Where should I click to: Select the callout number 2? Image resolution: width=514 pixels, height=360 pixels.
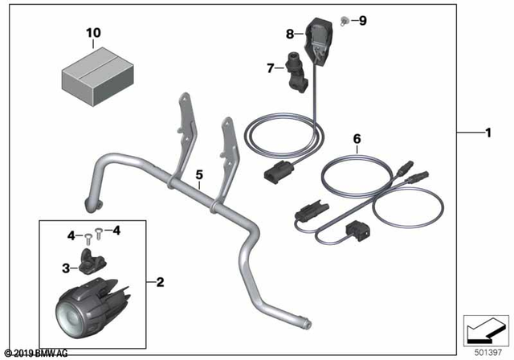click(160, 282)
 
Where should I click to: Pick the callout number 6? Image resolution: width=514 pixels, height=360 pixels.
click(357, 138)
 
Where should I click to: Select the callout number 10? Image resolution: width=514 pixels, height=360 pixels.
click(94, 34)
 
